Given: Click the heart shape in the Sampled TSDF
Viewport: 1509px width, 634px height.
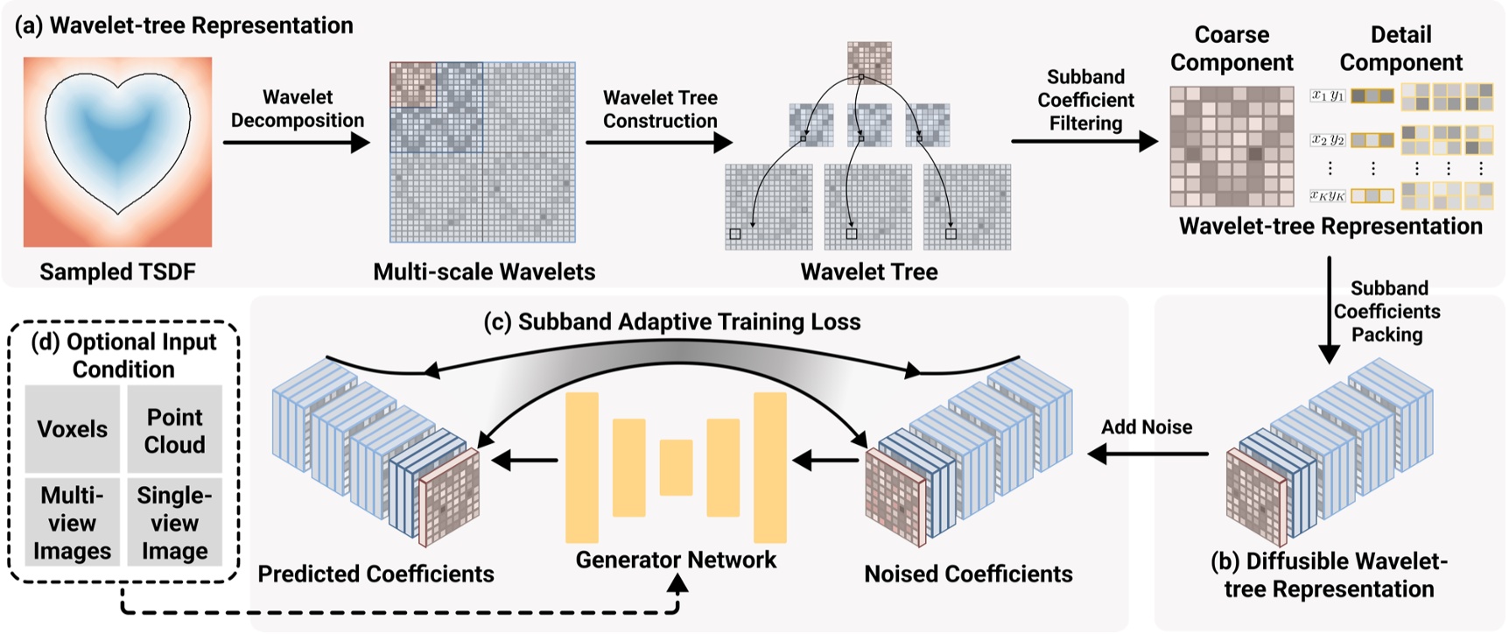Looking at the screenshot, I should tap(117, 140).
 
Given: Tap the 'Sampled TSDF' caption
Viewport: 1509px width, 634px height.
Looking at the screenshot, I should tap(117, 271).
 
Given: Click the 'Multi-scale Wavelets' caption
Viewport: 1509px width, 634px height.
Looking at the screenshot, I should tap(483, 271).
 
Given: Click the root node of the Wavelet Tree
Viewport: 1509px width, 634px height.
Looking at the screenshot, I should tap(868, 62).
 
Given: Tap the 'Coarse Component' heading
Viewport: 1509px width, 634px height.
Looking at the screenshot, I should tap(1231, 49).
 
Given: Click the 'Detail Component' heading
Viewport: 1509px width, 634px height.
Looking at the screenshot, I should tap(1400, 49).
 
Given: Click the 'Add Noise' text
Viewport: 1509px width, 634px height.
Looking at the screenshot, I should tap(1146, 427).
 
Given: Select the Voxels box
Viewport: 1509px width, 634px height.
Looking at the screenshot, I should tap(72, 429).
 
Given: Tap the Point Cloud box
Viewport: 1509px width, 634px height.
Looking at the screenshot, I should tap(174, 430).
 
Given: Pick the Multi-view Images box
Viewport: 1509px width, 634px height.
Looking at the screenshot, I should tap(72, 523).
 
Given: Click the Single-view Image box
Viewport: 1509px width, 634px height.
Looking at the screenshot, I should tap(174, 523).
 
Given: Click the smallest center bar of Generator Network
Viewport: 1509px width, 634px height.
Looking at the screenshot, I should tap(675, 468).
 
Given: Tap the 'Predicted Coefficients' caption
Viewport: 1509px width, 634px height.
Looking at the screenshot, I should tap(375, 574).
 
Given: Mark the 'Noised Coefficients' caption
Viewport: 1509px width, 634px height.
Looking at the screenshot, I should tap(968, 574).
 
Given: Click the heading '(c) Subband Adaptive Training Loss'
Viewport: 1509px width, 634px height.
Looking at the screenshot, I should tap(671, 322).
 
